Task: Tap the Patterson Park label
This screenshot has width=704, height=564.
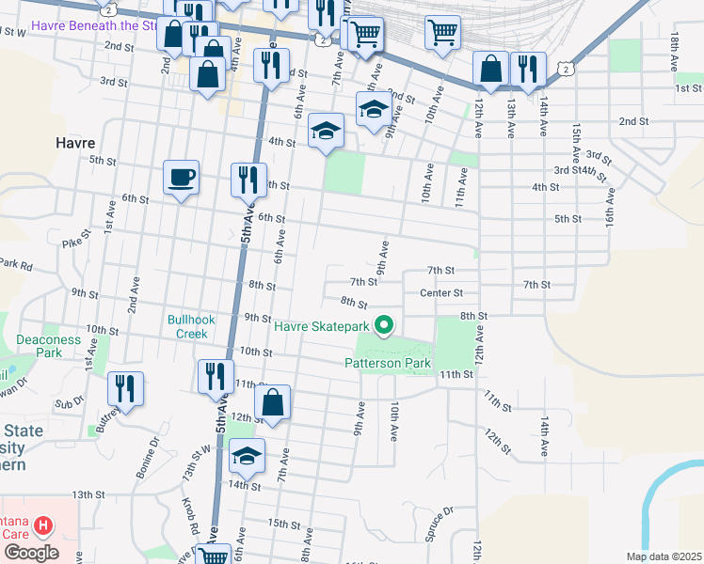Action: pos(387,363)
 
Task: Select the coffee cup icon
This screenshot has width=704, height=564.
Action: pos(181,177)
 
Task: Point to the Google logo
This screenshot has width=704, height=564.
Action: pos(30,552)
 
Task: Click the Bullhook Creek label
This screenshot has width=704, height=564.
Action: pos(191,326)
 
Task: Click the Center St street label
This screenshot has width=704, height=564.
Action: pos(441,293)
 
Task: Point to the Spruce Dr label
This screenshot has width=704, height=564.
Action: pos(439,524)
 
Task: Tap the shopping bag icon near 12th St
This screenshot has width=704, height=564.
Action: pos(272,402)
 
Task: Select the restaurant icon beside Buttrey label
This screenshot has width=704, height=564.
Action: pos(125,388)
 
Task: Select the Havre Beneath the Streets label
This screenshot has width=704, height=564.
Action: pos(94,25)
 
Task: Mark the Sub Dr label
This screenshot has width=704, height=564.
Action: pos(64,404)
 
